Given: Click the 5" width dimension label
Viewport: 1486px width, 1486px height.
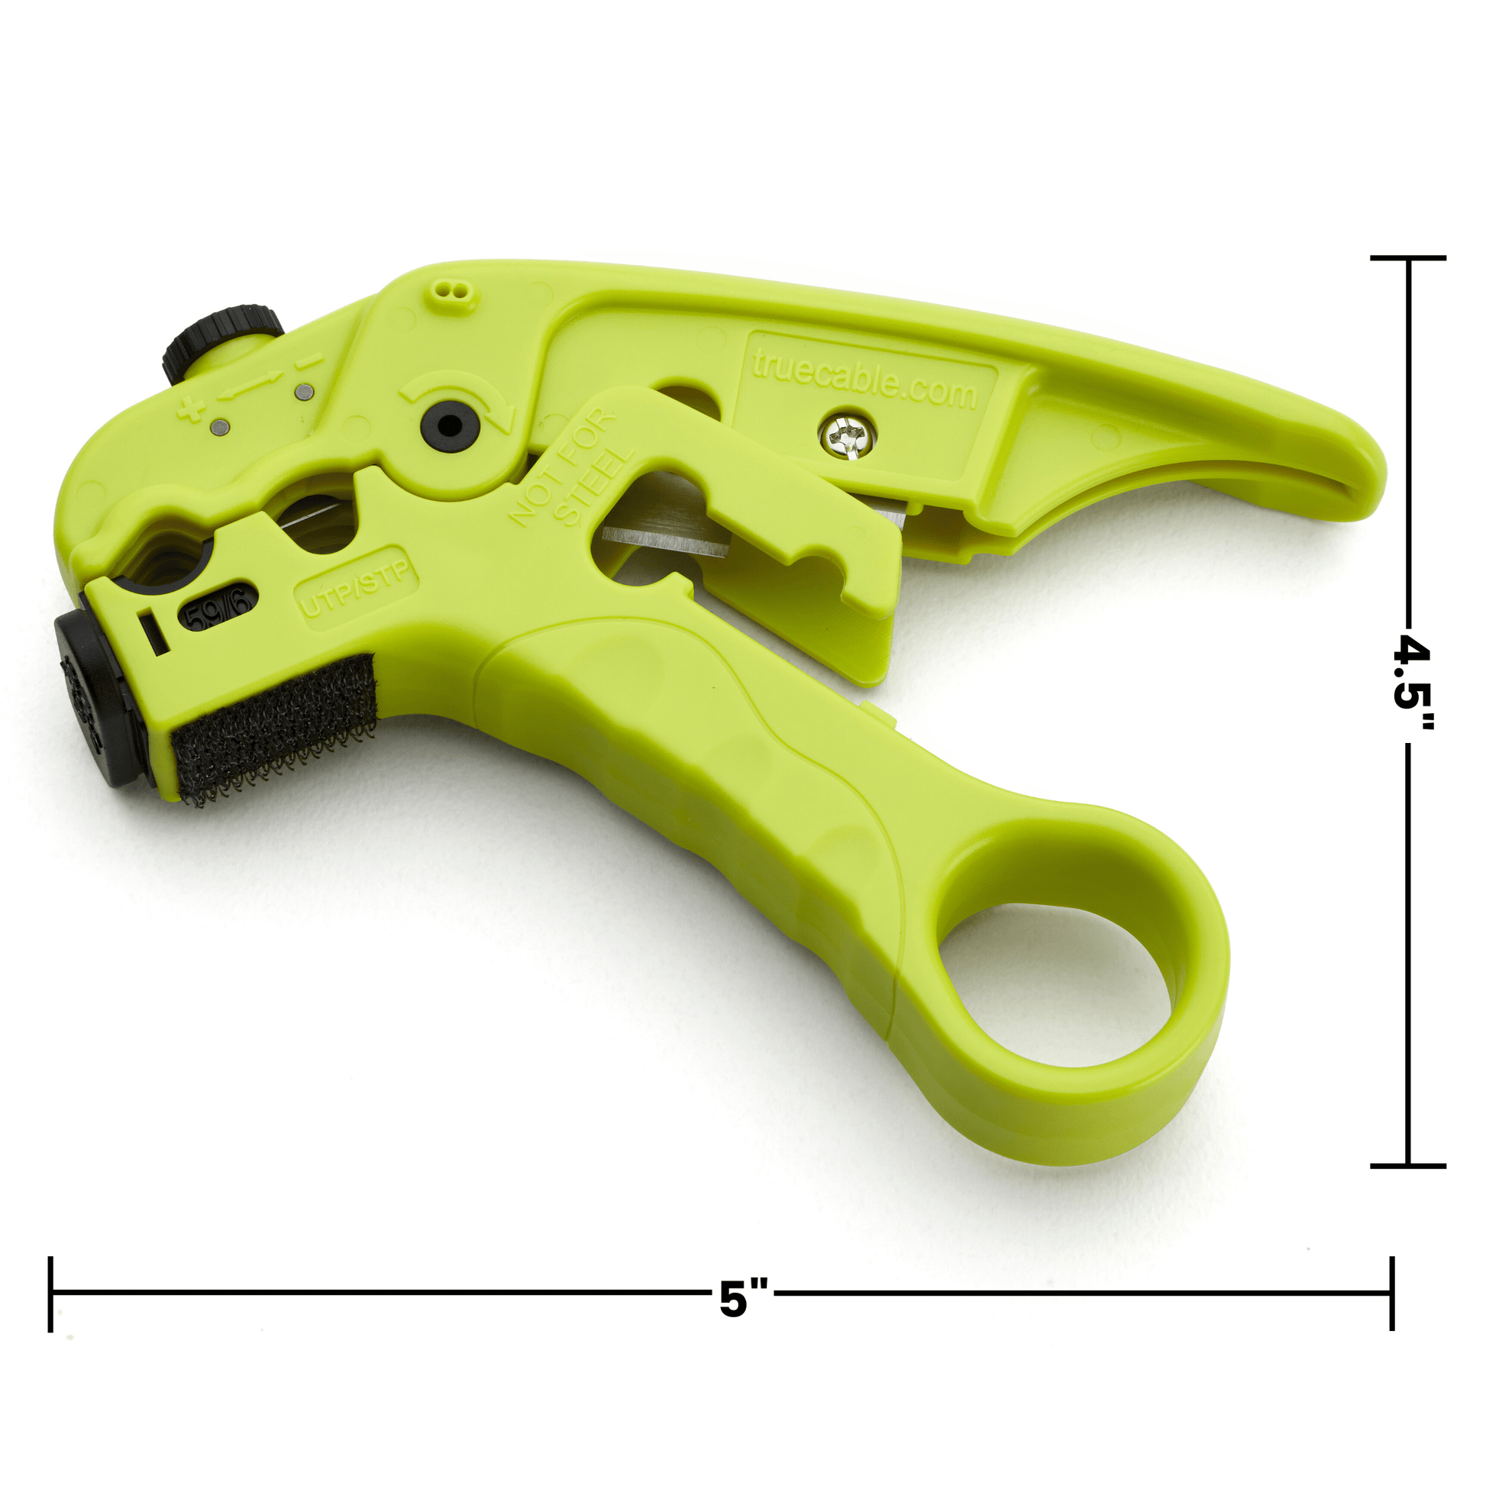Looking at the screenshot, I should (x=743, y=1299).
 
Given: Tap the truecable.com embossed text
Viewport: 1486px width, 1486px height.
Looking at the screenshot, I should (x=864, y=382).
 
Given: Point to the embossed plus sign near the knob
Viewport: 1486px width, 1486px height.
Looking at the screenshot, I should (x=189, y=409).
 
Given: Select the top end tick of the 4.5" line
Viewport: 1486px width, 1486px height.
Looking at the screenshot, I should (x=1407, y=257).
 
